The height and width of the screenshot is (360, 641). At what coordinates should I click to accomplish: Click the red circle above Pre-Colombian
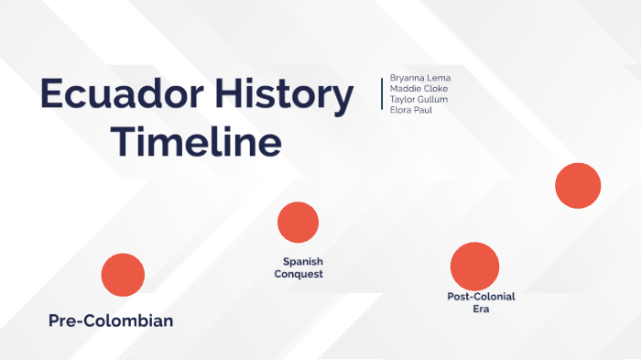[123, 275]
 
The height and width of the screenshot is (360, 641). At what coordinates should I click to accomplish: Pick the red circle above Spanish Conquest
[298, 223]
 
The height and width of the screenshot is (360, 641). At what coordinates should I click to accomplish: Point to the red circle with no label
[578, 186]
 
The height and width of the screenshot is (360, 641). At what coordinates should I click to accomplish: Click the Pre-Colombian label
[111, 322]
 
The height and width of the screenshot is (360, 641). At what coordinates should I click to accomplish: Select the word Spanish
[302, 262]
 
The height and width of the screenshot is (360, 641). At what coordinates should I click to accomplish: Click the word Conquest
[299, 274]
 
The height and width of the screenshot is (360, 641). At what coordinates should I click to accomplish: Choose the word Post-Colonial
[481, 297]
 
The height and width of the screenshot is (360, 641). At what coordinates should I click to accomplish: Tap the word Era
[482, 310]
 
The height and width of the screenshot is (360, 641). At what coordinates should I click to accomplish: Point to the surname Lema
[439, 78]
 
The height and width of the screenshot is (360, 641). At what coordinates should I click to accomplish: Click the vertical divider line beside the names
[382, 93]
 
